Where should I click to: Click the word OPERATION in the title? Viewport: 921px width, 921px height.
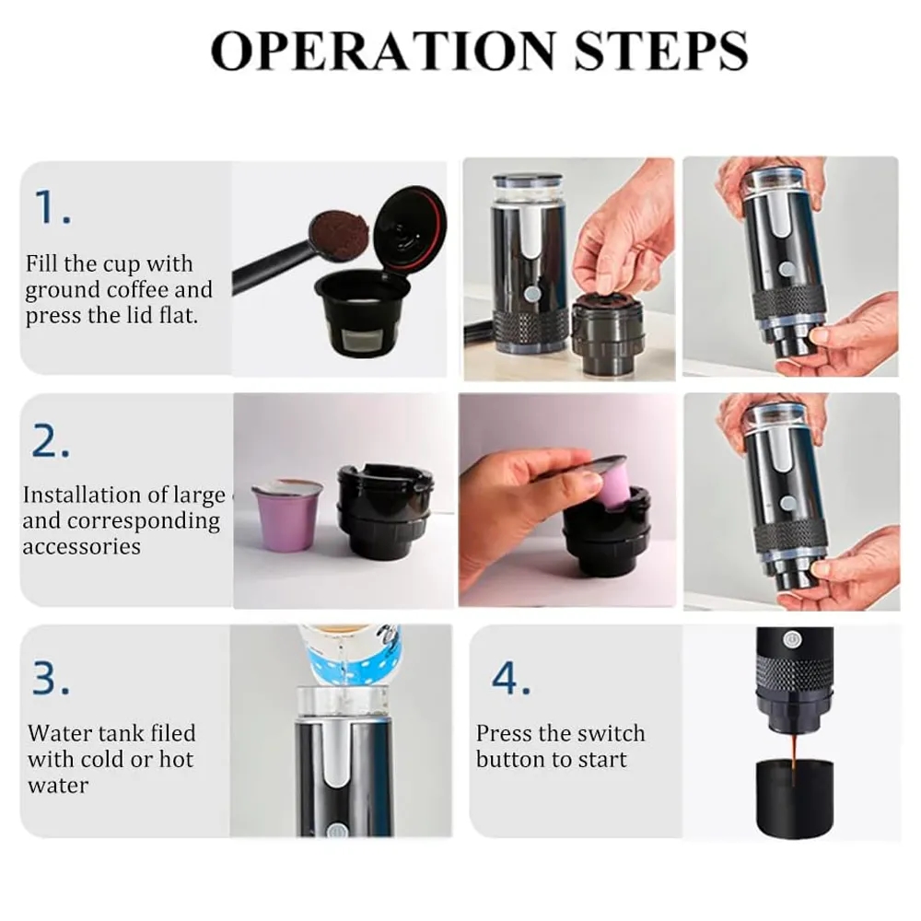pyautogui.click(x=385, y=52)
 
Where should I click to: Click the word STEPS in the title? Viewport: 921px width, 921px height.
pyautogui.click(x=660, y=52)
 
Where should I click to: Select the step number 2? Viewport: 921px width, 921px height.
pyautogui.click(x=52, y=443)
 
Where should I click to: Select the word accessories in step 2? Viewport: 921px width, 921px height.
pyautogui.click(x=82, y=547)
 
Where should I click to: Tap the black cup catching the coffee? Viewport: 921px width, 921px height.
pyautogui.click(x=793, y=801)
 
